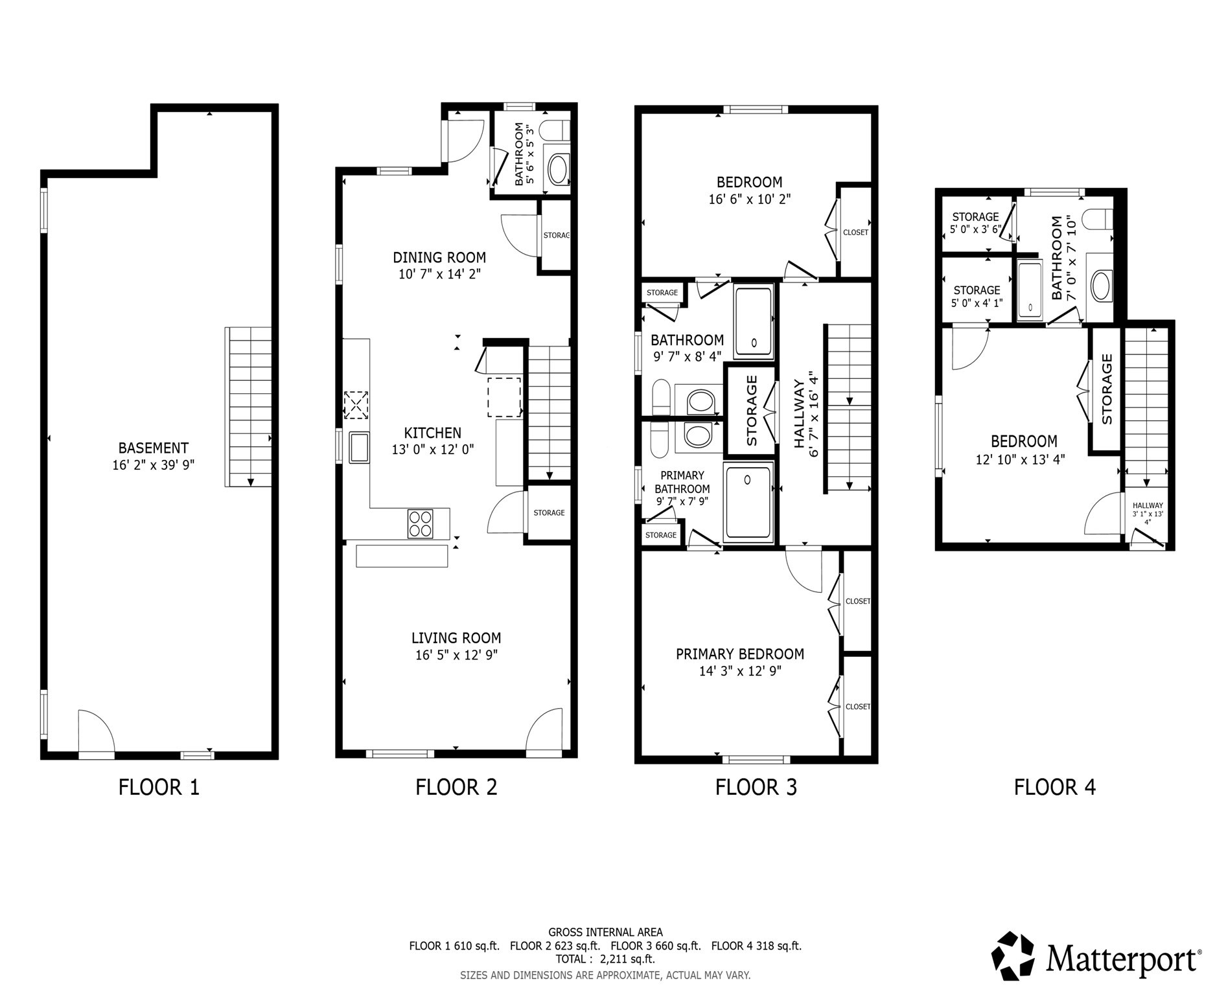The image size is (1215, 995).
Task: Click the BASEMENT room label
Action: (154, 448)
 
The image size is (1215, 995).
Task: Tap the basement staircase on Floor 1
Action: (249, 407)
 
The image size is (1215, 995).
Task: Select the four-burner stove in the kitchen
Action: (420, 524)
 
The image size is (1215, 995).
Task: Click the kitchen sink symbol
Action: (359, 448)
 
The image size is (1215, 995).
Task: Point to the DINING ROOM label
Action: (439, 257)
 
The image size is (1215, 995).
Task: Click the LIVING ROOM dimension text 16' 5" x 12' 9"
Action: (456, 655)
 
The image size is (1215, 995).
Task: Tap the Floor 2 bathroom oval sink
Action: (558, 170)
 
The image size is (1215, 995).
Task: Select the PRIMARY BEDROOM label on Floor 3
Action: (740, 654)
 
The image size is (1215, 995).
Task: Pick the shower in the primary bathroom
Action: (748, 501)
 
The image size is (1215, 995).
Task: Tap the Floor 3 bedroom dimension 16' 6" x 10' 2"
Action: (750, 199)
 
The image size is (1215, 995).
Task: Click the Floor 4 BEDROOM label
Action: (1024, 442)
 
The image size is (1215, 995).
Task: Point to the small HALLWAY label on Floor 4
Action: (1148, 506)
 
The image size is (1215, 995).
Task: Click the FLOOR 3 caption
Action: (756, 788)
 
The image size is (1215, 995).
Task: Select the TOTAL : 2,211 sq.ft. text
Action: (605, 959)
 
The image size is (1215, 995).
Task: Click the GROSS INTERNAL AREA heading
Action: (605, 932)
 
